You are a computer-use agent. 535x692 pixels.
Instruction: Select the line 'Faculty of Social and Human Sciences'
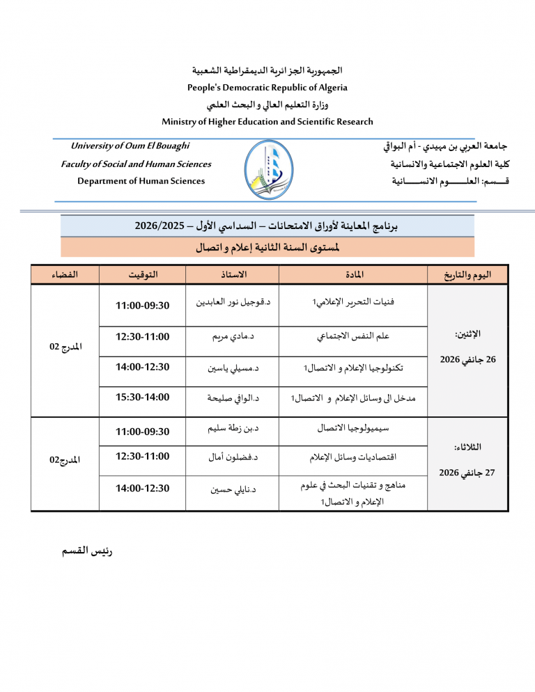(136, 164)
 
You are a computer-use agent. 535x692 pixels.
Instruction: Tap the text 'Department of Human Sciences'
(141, 181)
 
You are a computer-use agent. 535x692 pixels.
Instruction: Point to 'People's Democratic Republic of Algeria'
(267, 88)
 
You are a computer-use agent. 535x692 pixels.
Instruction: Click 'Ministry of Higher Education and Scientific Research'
(267, 122)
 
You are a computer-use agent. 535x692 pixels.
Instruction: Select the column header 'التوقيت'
(143, 274)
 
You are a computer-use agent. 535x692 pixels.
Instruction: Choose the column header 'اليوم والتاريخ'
(468, 274)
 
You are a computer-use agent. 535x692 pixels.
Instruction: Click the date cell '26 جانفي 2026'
(467, 360)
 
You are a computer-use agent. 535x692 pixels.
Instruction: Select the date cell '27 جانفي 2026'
(467, 473)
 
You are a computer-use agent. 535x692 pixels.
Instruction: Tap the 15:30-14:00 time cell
(143, 398)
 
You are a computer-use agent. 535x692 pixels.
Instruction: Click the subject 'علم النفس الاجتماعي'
(353, 337)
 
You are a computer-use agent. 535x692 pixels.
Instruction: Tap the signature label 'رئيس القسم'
(87, 551)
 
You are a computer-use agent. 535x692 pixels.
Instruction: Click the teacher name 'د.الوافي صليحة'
(233, 398)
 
